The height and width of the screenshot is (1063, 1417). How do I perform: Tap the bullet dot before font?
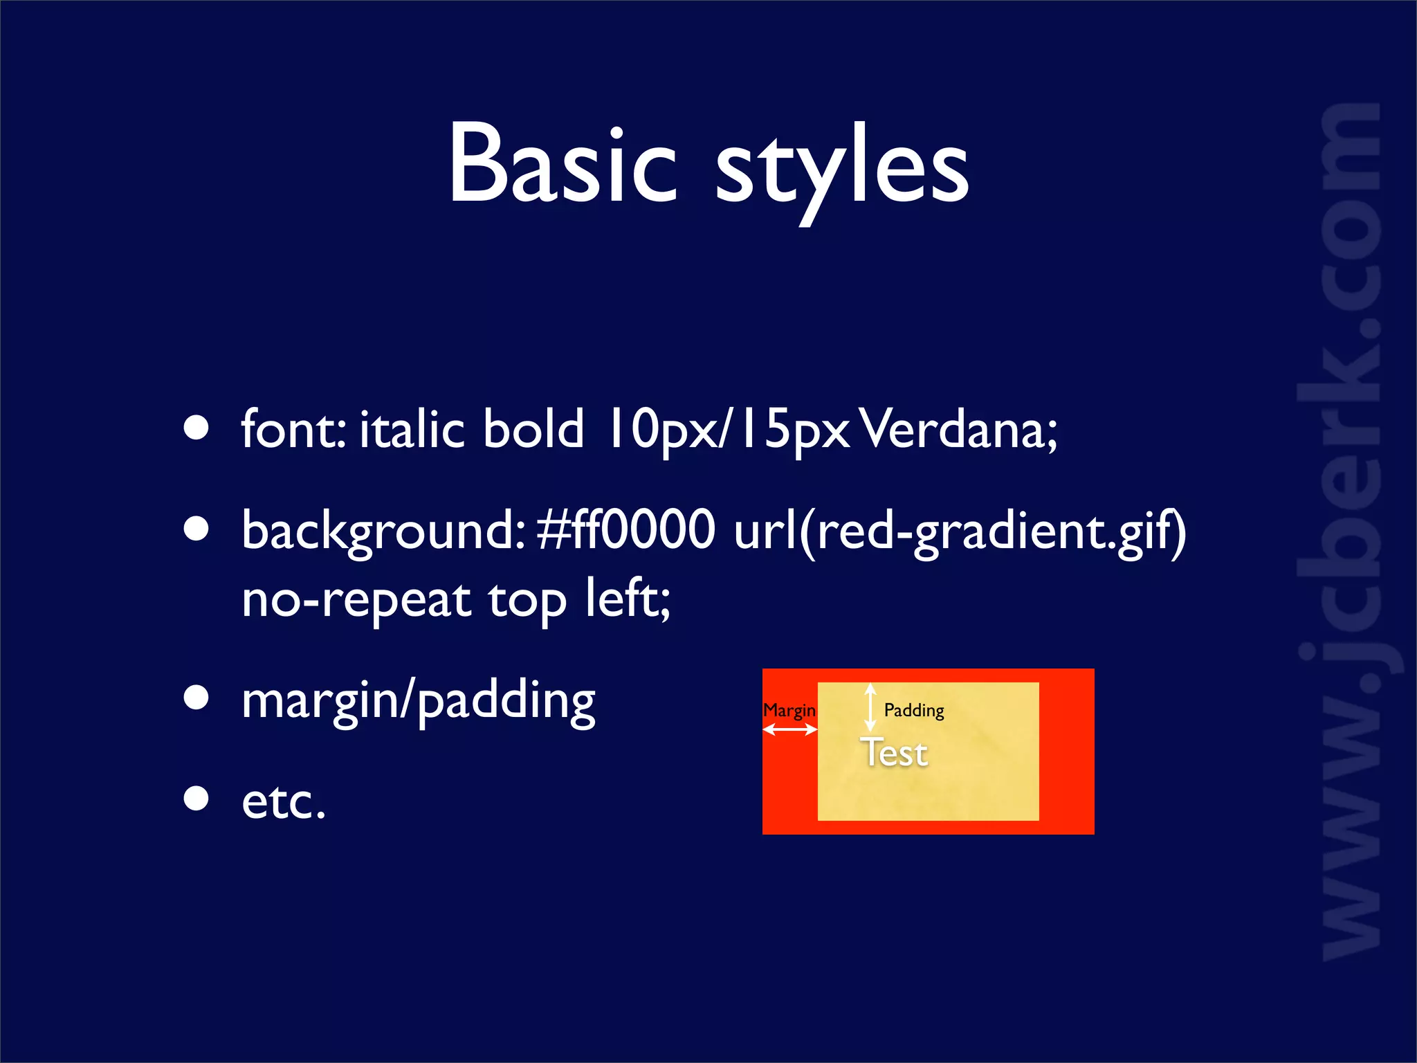196,428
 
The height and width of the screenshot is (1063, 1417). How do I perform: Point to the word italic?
411,429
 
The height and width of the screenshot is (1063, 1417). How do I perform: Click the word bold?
533,429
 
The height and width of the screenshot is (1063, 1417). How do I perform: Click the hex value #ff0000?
625,530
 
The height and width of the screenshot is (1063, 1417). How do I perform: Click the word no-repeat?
356,599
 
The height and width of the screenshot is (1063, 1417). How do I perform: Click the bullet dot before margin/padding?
196,698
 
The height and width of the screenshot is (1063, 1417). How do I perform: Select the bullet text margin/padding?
418,700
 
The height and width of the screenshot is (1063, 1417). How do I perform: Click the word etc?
283,801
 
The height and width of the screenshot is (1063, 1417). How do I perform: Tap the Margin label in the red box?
789,710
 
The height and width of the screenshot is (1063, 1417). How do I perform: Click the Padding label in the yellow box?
914,710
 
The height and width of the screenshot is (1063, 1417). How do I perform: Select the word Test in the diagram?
893,753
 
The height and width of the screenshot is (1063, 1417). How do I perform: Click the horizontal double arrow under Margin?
789,729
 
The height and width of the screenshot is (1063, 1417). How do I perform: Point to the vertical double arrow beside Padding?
870,707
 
